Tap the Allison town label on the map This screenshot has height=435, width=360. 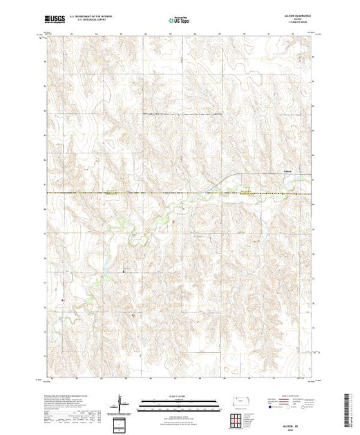pyautogui.click(x=288, y=172)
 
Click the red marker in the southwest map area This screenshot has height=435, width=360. pyautogui.click(x=62, y=300)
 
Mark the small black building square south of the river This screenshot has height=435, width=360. pyautogui.click(x=124, y=271)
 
